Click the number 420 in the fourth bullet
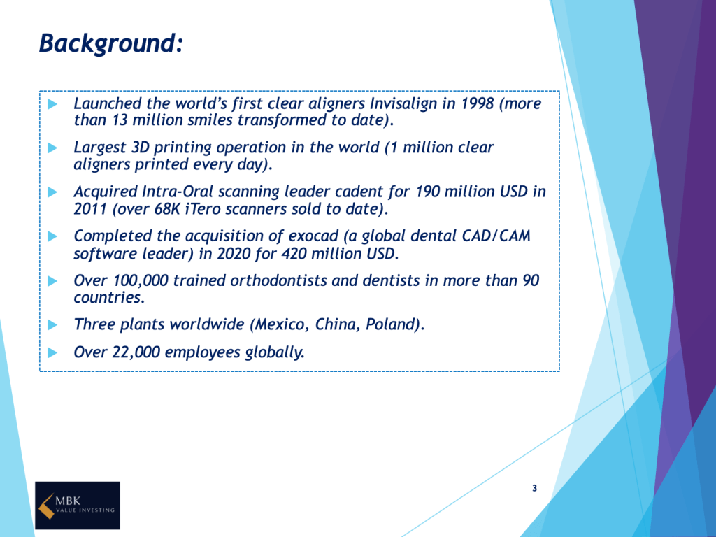pos(294,253)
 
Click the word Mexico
pos(280,324)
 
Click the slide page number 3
pos(535,488)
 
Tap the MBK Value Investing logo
pos(78,506)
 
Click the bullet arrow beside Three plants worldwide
pos(52,324)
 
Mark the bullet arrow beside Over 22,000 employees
pos(52,352)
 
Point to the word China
pos(336,324)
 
